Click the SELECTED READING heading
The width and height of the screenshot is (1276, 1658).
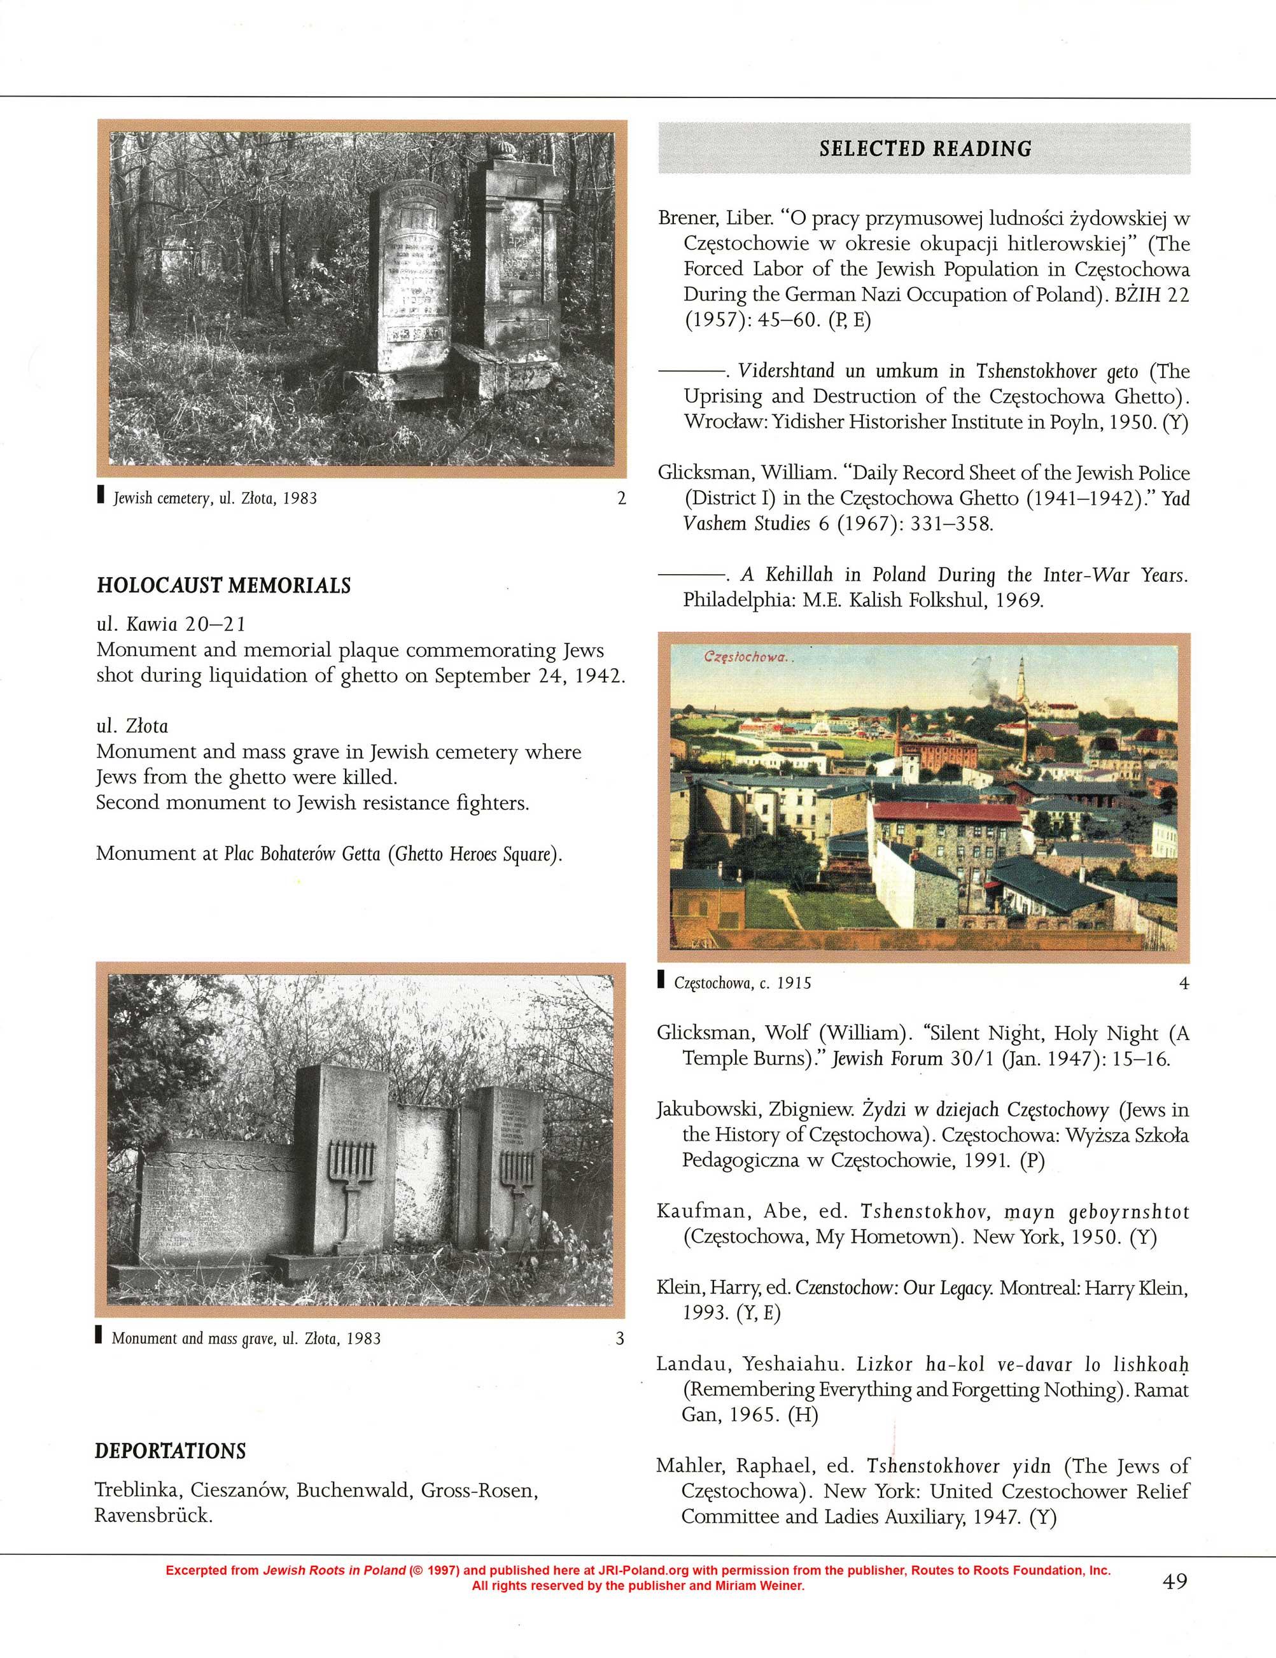tap(925, 149)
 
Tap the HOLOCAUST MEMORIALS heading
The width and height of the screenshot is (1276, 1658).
tap(223, 586)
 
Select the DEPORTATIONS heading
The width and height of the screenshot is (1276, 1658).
tap(170, 1451)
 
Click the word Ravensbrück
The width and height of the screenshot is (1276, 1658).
tap(153, 1516)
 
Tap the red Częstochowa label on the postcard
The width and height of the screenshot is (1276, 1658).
tap(748, 657)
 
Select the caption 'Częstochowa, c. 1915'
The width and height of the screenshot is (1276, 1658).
tap(743, 983)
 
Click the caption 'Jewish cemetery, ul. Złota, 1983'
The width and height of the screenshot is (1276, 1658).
tap(215, 499)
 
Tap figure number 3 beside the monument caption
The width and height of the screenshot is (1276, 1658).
tap(619, 1338)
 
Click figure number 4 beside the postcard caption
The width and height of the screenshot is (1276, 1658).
tap(1183, 983)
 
